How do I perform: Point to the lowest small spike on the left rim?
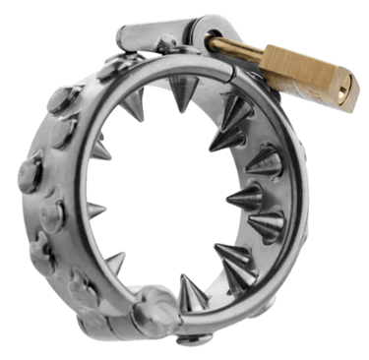click(x=117, y=260)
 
